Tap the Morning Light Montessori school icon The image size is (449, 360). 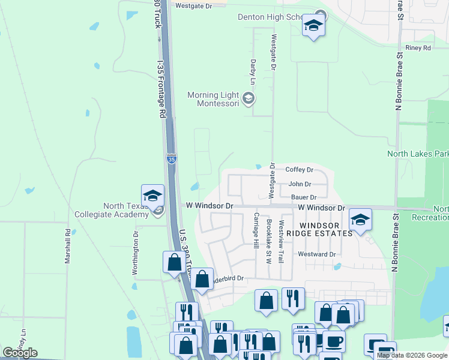coord(249,97)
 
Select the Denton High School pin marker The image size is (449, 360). coord(313,26)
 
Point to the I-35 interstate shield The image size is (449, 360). coord(172,159)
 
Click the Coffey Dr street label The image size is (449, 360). coord(299,170)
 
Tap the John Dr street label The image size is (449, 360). coord(300,184)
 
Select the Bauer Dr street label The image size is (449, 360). coord(303,197)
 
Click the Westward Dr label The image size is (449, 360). coord(316,254)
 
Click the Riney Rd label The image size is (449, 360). coord(418,47)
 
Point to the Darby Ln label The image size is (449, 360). coord(253,71)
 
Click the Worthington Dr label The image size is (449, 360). coord(135,253)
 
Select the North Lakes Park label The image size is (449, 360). coord(418,154)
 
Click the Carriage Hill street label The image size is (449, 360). coord(256,231)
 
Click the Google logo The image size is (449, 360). coord(20,353)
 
